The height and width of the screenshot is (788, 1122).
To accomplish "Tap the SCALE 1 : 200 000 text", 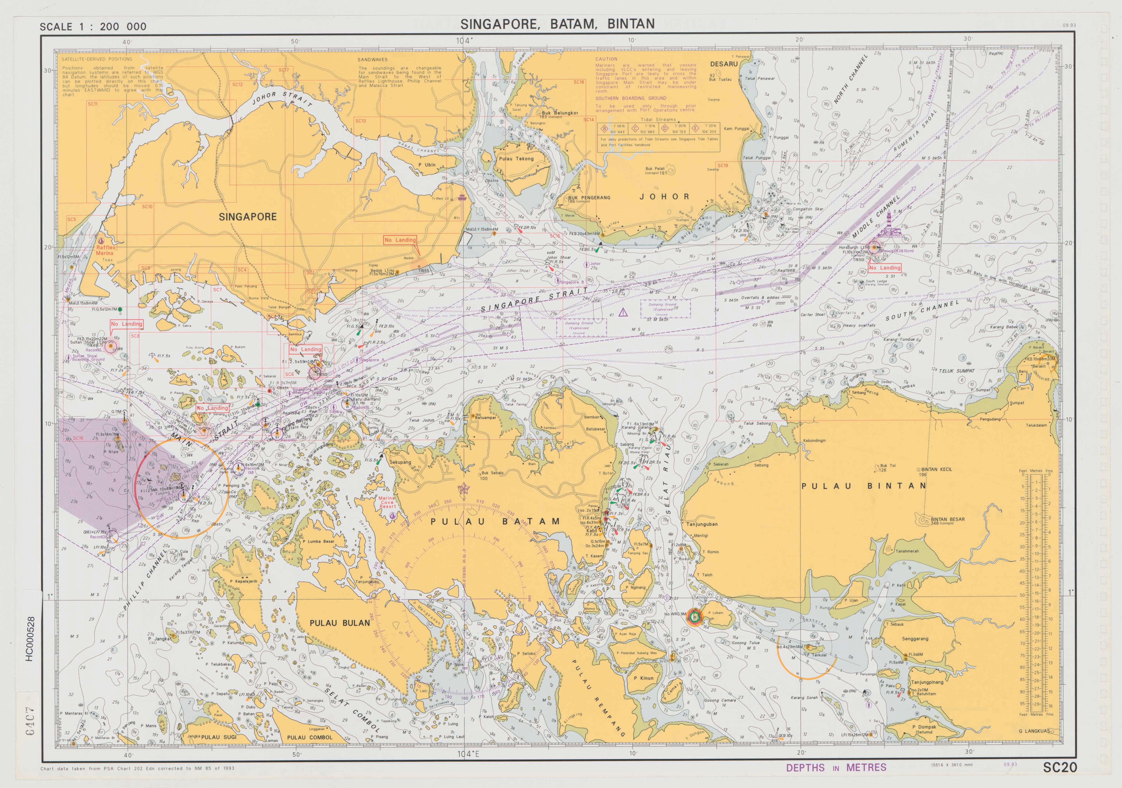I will [x=93, y=27].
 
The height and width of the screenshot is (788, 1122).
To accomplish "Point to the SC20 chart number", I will [x=1060, y=768].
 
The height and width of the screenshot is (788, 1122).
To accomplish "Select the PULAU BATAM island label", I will [x=494, y=522].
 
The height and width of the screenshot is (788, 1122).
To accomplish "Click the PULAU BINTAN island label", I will [x=864, y=486].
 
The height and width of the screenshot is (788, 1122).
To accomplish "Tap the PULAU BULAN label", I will [x=340, y=623].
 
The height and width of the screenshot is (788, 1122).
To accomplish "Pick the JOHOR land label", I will [x=665, y=197].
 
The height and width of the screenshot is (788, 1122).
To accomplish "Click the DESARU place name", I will [x=724, y=64].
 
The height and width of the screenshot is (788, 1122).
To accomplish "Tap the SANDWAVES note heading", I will [x=372, y=60].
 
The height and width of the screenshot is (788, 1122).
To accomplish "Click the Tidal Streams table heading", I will [x=658, y=119].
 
